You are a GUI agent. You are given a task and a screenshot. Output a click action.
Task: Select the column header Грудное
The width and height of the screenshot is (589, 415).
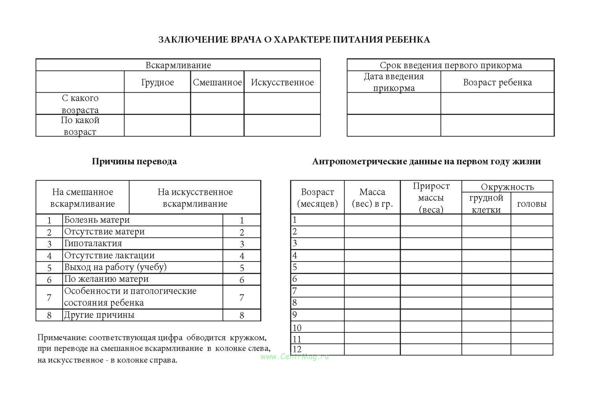(x=157, y=82)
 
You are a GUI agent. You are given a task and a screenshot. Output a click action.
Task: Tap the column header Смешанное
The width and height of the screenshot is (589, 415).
(x=217, y=82)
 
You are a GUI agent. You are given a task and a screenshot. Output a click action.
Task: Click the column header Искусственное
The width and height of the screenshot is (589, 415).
(x=282, y=82)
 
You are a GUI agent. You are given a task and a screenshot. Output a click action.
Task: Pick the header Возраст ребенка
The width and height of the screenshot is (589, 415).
(x=497, y=82)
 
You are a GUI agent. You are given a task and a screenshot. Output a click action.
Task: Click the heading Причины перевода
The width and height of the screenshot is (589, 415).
(x=134, y=162)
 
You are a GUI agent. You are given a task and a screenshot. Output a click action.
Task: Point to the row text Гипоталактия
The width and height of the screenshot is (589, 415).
(x=93, y=243)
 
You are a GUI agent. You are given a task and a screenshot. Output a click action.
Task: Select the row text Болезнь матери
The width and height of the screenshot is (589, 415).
(x=97, y=220)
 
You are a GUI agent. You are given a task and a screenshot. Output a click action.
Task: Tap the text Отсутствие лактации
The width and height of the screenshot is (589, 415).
(x=109, y=256)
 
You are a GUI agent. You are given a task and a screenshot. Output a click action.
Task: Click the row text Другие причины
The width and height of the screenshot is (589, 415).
(x=99, y=315)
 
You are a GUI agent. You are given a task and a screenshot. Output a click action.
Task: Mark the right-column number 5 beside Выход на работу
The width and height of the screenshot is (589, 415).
(x=242, y=268)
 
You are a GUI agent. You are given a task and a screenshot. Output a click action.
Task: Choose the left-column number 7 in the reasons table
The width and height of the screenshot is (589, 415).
(x=49, y=297)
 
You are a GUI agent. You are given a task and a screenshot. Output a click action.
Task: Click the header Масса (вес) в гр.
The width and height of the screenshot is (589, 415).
(x=372, y=198)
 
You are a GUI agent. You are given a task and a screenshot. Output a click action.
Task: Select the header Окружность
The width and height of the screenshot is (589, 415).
(x=507, y=187)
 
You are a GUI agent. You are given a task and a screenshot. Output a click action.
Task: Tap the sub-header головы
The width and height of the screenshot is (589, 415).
(x=532, y=204)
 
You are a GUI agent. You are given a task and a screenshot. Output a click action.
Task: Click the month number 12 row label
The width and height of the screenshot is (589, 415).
(x=297, y=349)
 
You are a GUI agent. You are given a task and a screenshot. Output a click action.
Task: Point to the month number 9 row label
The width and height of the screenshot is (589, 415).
(x=295, y=315)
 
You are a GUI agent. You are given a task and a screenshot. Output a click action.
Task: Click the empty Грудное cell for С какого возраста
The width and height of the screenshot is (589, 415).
(x=157, y=104)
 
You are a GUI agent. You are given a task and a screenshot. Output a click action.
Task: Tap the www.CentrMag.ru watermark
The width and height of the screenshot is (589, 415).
(x=294, y=357)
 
